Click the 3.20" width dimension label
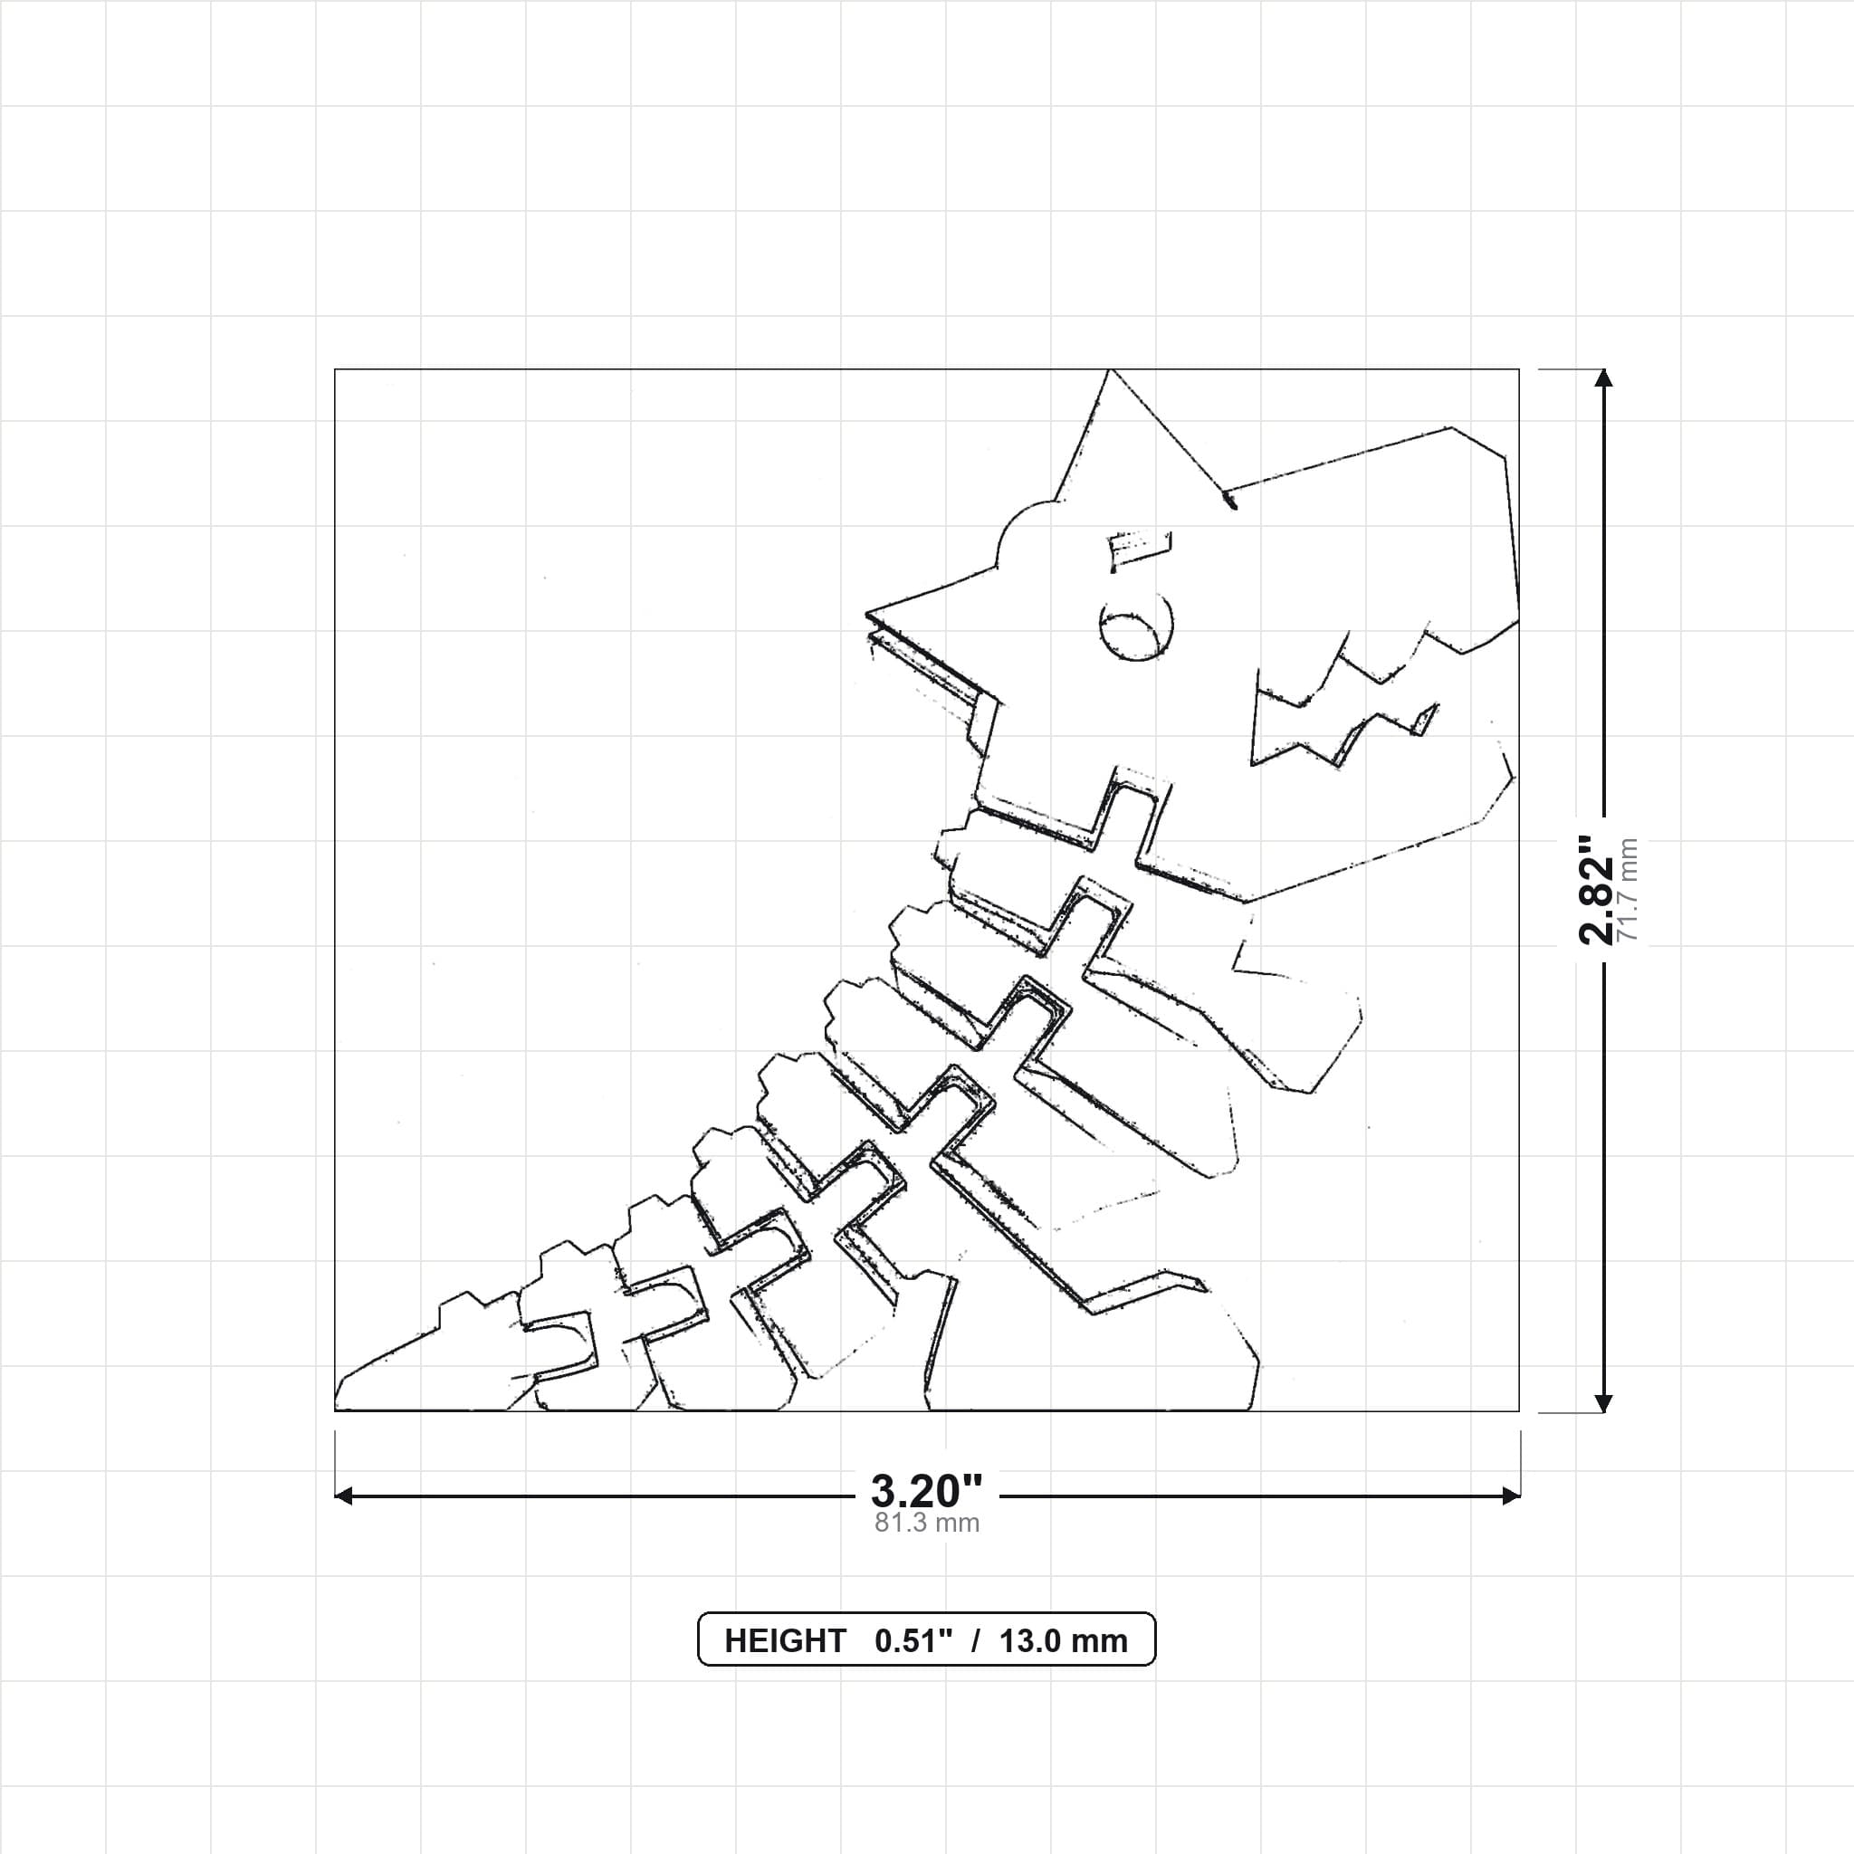point(926,1490)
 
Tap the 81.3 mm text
point(927,1523)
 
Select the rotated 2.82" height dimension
point(1598,891)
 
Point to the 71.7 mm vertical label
point(1629,890)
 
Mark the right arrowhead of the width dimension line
point(1511,1496)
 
